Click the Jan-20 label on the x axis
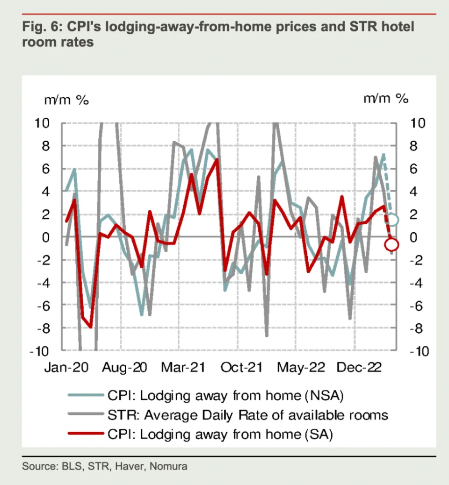tap(66, 368)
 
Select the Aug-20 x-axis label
tap(125, 368)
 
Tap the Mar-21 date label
tap(183, 368)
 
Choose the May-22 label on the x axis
tap(301, 368)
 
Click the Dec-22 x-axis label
tap(358, 368)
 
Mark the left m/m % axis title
tap(66, 100)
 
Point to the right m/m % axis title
tap(386, 99)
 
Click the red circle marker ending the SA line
tap(391, 244)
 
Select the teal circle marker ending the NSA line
tap(393, 220)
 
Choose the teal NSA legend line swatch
tap(85, 395)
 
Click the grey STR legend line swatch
tap(85, 415)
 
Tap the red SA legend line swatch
tap(85, 434)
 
